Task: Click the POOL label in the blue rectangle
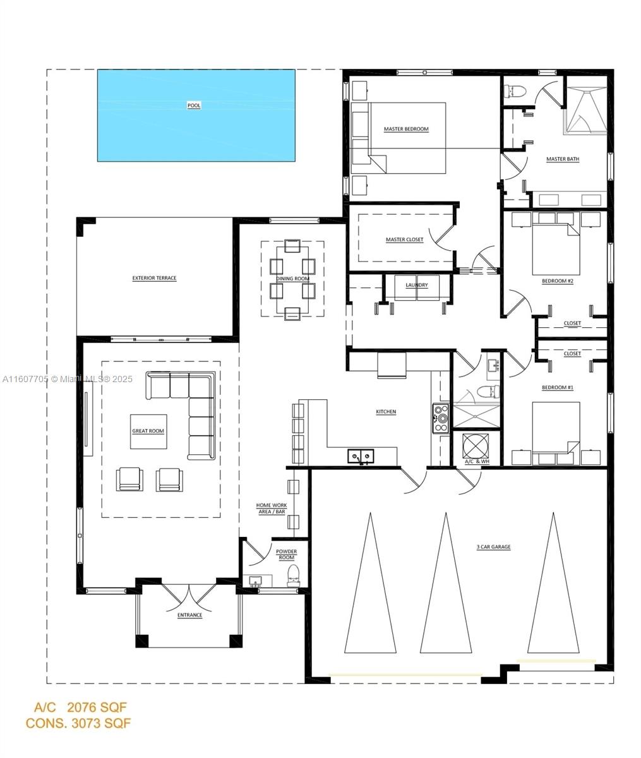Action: tap(194, 105)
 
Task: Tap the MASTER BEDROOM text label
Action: tap(406, 129)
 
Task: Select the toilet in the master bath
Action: tap(515, 91)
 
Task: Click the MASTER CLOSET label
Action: tap(404, 240)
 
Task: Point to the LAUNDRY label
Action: tap(417, 285)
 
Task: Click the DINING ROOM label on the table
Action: tap(292, 279)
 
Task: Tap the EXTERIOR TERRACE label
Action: tap(154, 278)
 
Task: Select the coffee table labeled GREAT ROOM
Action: tap(148, 431)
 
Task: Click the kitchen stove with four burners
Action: tap(440, 418)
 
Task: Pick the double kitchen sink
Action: tap(361, 455)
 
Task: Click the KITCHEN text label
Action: tap(386, 412)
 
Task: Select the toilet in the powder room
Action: tap(294, 575)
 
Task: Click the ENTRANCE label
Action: tap(189, 615)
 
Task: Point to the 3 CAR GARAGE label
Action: tap(493, 547)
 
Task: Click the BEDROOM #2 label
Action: tap(557, 281)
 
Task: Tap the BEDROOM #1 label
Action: tap(557, 387)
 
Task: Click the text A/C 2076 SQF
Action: tap(80, 707)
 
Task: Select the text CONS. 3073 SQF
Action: tap(78, 723)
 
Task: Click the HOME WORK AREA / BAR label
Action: tap(272, 508)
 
